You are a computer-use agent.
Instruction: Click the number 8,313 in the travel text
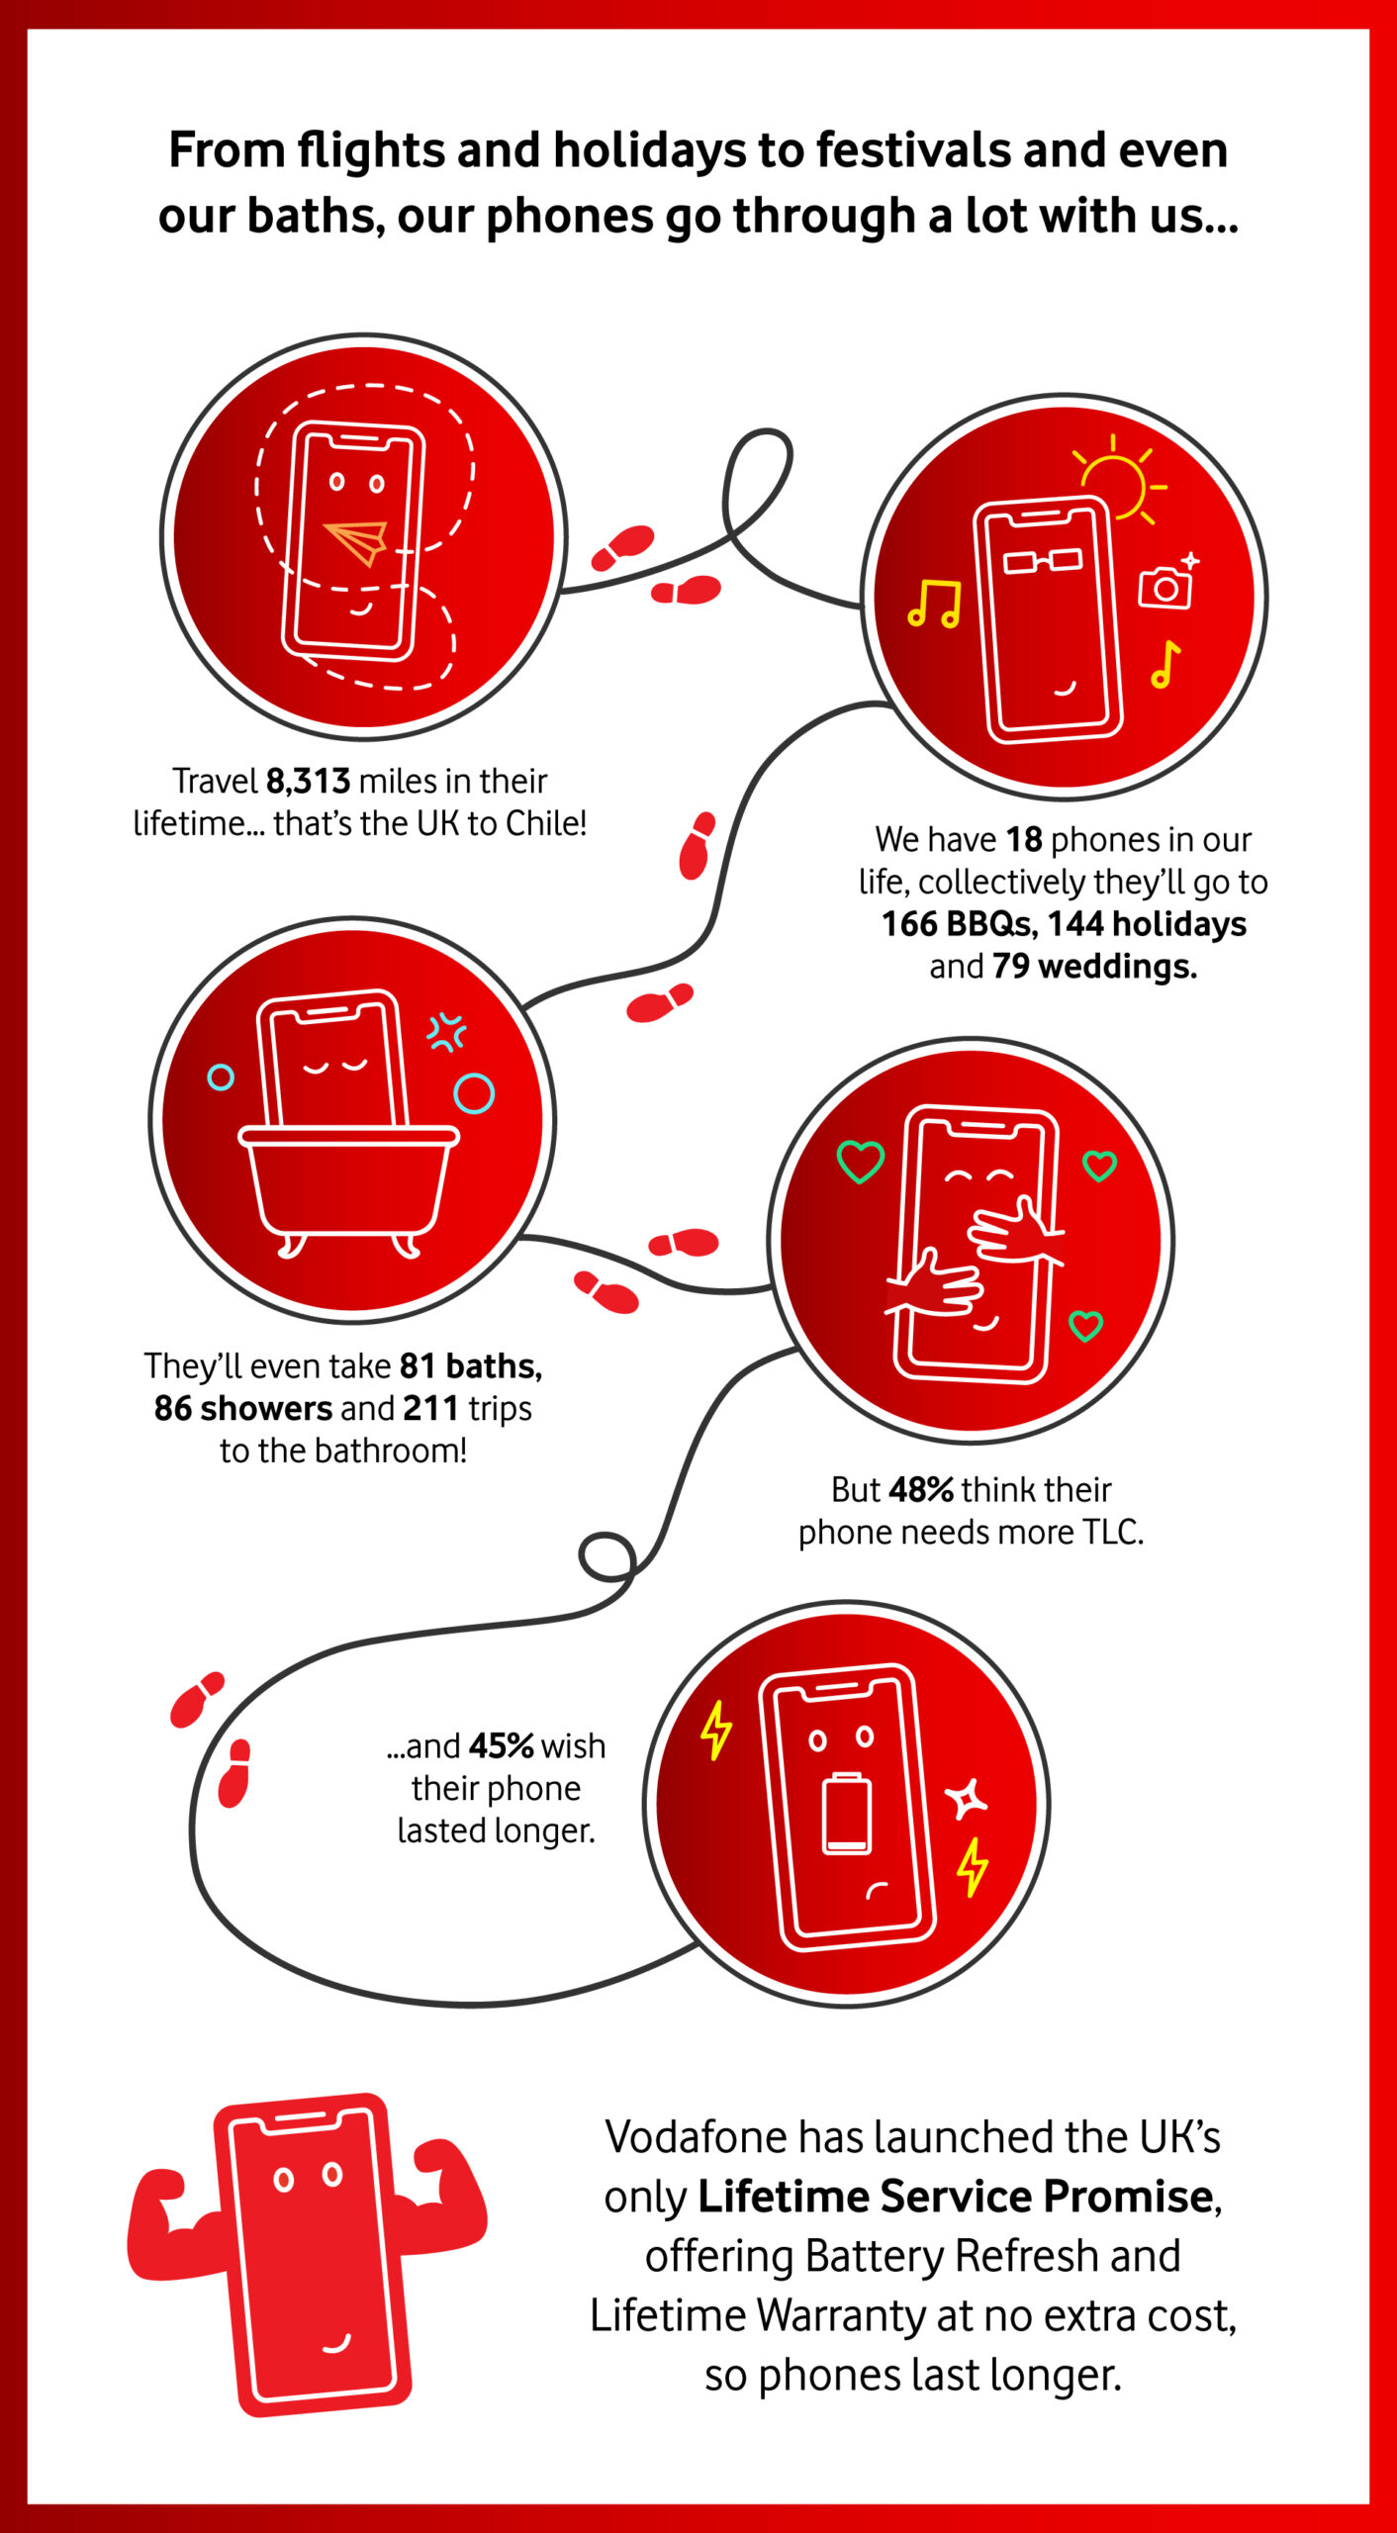(x=308, y=781)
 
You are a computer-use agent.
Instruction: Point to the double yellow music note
(x=934, y=605)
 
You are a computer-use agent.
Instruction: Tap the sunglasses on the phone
(x=1043, y=561)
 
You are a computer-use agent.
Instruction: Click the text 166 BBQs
(x=959, y=924)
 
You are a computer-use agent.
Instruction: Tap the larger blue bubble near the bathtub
(x=473, y=1093)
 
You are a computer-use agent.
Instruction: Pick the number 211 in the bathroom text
(x=430, y=1408)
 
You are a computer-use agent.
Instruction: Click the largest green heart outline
(x=860, y=1162)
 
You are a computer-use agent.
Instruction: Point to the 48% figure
(x=921, y=1489)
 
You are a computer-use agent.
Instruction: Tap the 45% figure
(x=502, y=1746)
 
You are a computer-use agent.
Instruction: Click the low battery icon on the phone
(x=848, y=1814)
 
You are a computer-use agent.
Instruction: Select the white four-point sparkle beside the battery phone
(x=966, y=1798)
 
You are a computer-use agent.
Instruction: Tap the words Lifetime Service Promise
(x=956, y=2197)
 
